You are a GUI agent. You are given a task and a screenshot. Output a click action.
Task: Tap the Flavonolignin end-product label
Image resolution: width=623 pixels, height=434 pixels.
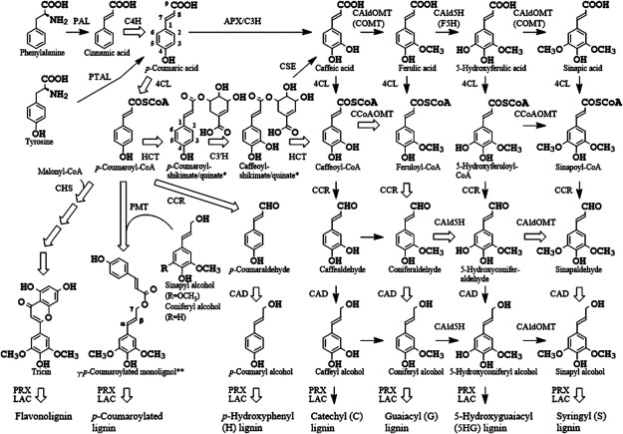click(x=36, y=407)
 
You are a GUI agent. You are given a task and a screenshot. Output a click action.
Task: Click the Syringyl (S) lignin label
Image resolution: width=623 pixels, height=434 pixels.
click(x=576, y=410)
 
